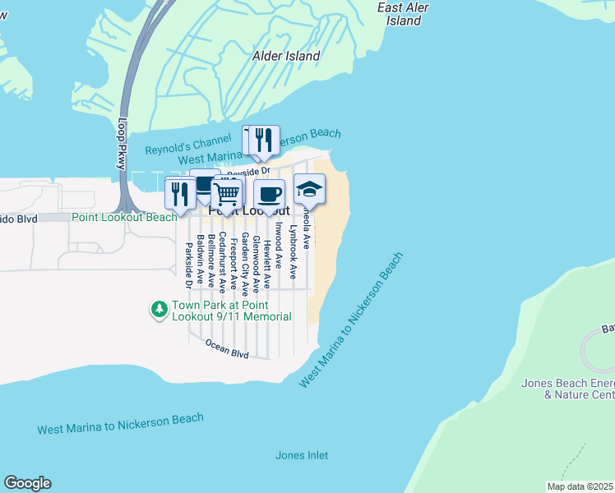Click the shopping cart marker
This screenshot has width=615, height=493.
click(x=227, y=194)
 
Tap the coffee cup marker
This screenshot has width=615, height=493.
click(x=269, y=195)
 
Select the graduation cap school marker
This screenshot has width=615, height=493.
click(x=309, y=190)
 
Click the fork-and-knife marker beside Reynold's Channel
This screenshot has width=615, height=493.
click(x=264, y=141)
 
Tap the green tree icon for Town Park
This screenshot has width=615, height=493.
click(x=158, y=310)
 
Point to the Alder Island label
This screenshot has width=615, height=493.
click(x=286, y=56)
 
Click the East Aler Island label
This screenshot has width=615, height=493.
click(x=404, y=14)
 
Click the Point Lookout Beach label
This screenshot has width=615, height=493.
click(x=124, y=217)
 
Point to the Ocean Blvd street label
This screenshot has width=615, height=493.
click(x=227, y=348)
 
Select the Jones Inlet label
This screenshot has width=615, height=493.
click(x=301, y=455)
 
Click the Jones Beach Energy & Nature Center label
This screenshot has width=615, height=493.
click(x=567, y=389)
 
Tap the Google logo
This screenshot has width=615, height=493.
click(x=27, y=483)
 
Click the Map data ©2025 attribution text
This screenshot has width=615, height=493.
click(x=580, y=486)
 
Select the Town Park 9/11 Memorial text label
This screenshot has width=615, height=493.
click(x=231, y=311)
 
